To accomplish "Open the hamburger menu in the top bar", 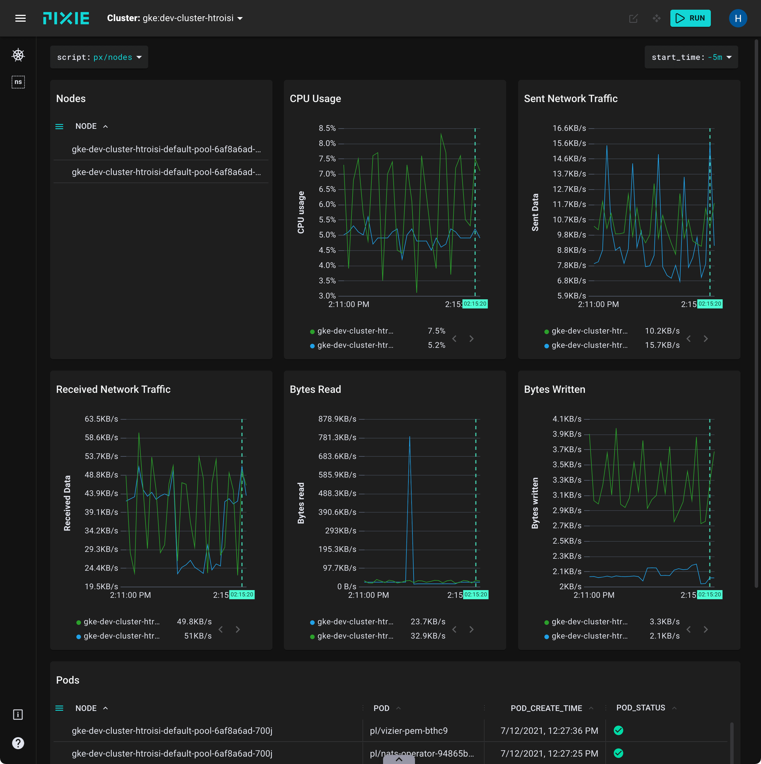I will click(x=20, y=18).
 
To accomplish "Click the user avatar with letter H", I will click(x=737, y=18).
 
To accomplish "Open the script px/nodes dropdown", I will click(x=99, y=57).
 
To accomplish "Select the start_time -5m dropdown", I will click(x=691, y=57).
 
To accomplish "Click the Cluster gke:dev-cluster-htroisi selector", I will click(x=175, y=18).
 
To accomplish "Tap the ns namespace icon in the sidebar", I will click(x=18, y=82).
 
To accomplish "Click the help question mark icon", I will click(x=18, y=743).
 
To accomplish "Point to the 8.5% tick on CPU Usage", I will click(x=327, y=128).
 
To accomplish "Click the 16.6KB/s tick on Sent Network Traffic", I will click(x=569, y=128).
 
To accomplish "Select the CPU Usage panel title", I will click(x=315, y=98).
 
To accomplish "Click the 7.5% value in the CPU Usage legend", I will click(x=436, y=331).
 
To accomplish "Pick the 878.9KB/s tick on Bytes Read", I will click(x=337, y=419).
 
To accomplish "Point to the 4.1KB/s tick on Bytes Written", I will click(x=567, y=419).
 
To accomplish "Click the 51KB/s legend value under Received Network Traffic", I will click(x=198, y=636).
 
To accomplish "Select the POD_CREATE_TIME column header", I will click(x=546, y=708).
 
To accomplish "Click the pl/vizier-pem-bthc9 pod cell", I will click(x=408, y=730).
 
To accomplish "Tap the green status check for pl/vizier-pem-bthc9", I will click(x=618, y=730).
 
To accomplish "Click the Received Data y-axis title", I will click(x=67, y=503).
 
